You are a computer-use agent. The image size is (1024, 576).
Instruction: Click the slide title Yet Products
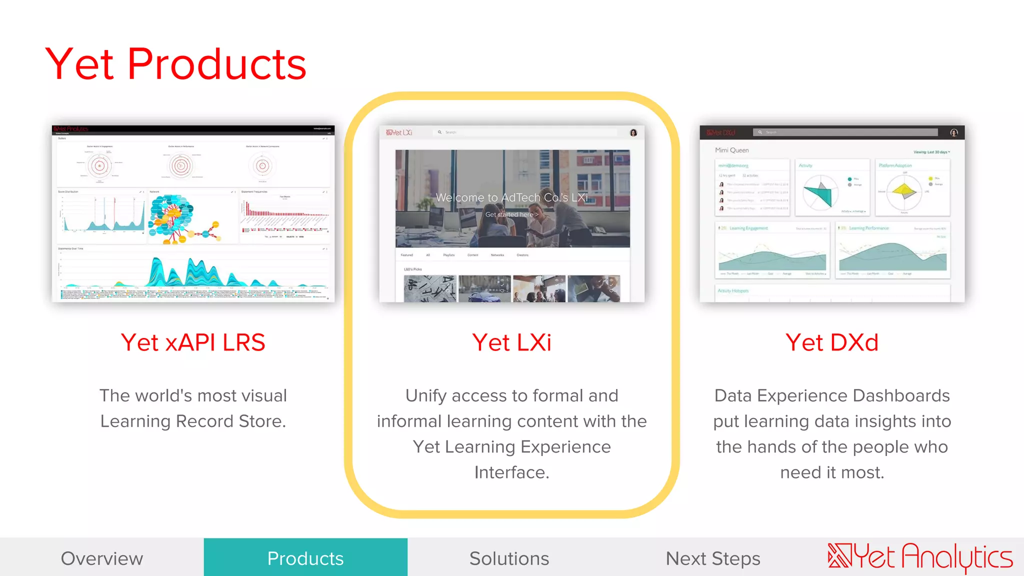(x=175, y=64)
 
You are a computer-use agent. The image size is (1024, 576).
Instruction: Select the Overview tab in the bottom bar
(x=102, y=558)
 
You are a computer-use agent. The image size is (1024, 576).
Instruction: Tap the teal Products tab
(x=305, y=558)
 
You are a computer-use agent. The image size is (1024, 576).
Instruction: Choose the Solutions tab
(x=509, y=558)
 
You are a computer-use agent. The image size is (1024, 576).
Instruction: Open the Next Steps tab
(x=713, y=558)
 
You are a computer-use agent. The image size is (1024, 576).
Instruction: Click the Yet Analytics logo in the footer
(x=920, y=557)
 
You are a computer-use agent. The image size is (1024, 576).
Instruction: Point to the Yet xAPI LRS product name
(x=193, y=342)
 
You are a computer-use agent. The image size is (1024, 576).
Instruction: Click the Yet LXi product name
(x=511, y=342)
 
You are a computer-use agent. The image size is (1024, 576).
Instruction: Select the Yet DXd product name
(x=832, y=342)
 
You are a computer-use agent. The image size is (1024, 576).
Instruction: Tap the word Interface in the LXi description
(x=511, y=472)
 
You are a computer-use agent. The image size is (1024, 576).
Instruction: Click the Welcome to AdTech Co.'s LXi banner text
(x=511, y=197)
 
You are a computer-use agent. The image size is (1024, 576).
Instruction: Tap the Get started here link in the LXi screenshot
(x=511, y=214)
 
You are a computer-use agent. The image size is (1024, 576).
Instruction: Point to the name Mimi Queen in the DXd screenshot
(x=731, y=150)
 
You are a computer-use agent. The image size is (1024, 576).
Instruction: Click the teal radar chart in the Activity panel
(x=818, y=192)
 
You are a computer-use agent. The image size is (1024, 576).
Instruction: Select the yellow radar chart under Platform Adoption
(x=903, y=190)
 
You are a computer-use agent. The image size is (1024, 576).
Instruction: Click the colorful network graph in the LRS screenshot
(x=175, y=218)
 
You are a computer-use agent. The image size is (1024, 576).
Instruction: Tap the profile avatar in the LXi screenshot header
(x=633, y=132)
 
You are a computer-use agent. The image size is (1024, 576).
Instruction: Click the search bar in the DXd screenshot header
(x=845, y=132)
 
